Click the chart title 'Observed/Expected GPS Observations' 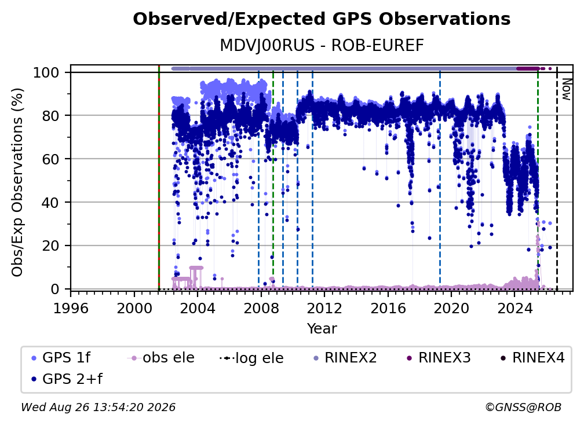pos(322,19)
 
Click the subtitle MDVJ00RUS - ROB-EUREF pos(322,46)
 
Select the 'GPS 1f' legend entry pos(61,358)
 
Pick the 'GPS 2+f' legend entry pos(67,379)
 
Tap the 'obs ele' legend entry pos(161,358)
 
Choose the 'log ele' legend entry pos(252,358)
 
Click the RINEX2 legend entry pos(345,358)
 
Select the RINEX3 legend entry pos(439,358)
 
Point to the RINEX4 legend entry pos(533,358)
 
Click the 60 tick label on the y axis pos(50,159)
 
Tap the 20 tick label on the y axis pos(50,246)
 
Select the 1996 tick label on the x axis pos(71,309)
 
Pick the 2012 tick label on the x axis pos(324,309)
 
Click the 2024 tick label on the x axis pos(514,309)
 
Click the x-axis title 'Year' pos(322,329)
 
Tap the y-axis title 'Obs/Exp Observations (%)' pos(17,182)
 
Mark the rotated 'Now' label pos(566,89)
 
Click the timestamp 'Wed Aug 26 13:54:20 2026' pos(98,408)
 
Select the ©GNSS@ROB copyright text pos(523,408)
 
